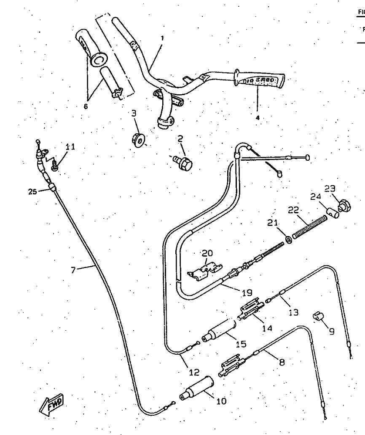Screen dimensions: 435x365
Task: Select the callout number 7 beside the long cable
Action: pyautogui.click(x=73, y=270)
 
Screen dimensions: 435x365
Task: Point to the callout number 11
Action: pyautogui.click(x=70, y=147)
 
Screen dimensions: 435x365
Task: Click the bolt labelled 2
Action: pyautogui.click(x=184, y=162)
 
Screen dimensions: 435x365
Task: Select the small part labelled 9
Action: pyautogui.click(x=317, y=316)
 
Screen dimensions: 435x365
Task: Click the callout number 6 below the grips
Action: pyautogui.click(x=86, y=106)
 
